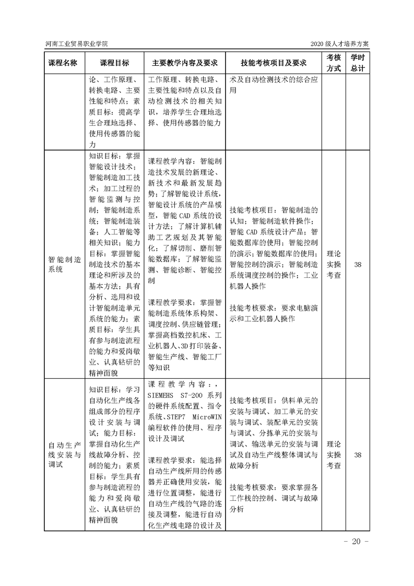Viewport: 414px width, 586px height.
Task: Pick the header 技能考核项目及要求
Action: coord(273,62)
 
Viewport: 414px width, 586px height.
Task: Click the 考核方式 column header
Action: coord(334,62)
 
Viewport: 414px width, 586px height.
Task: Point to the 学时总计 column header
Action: coord(358,62)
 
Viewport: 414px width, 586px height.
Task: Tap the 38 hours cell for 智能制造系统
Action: coord(358,265)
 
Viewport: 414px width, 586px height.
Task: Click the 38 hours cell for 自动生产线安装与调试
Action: coord(358,455)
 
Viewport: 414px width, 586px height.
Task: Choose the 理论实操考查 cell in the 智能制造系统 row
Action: coord(334,265)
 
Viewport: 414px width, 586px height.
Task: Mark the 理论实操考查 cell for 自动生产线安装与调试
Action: coord(334,455)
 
